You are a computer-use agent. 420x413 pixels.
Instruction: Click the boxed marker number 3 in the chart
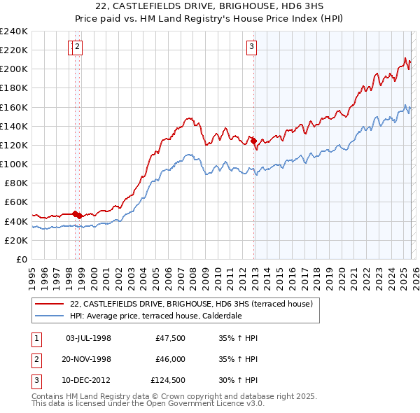click(251, 48)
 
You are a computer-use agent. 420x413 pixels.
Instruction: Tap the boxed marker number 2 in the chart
click(77, 48)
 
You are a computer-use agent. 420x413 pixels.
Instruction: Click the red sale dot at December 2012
click(253, 141)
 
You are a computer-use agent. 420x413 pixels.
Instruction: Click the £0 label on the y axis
click(22, 259)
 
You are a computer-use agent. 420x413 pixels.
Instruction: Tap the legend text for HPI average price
click(155, 316)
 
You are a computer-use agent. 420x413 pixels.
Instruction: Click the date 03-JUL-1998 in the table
click(88, 338)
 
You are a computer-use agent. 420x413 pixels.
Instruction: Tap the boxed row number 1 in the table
click(36, 338)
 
